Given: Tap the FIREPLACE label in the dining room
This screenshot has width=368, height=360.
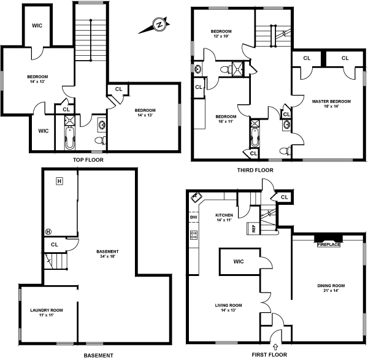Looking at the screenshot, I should [x=328, y=245].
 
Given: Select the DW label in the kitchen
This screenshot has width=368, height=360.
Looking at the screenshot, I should [x=193, y=217].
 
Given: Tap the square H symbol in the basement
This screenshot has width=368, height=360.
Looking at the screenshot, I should [x=59, y=181].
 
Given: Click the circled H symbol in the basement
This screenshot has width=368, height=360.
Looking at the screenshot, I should [x=48, y=231].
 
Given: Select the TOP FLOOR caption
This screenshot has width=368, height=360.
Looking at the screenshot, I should [x=88, y=159].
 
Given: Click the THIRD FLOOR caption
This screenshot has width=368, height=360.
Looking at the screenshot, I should [x=255, y=170].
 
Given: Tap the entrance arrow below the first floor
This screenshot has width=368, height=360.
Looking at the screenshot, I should [x=276, y=348].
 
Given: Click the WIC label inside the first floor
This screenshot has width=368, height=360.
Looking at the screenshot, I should [x=239, y=262].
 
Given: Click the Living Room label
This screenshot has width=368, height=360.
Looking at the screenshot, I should [x=228, y=308].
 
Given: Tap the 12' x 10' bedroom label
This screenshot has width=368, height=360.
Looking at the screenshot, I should [x=221, y=34].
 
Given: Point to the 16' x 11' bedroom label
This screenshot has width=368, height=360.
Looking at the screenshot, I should [x=226, y=118].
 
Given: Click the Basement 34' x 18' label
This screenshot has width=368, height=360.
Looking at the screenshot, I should [x=107, y=254].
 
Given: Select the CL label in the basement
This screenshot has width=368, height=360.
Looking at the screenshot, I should [x=54, y=244].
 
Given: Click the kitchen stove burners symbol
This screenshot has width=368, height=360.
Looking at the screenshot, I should [x=194, y=234].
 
